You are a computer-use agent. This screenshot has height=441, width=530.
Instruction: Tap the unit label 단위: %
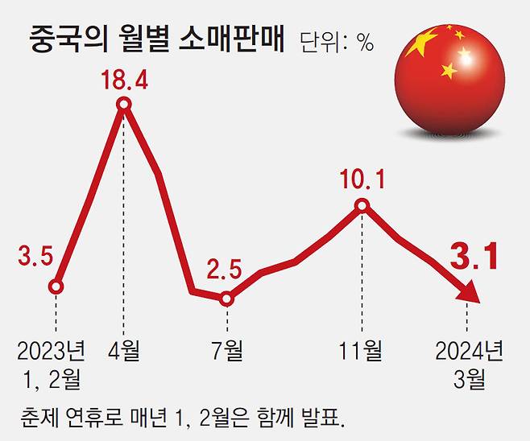pyautogui.click(x=336, y=43)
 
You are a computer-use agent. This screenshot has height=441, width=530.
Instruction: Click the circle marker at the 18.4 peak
pyautogui.click(x=124, y=104)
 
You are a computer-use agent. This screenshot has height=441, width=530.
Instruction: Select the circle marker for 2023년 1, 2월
pyautogui.click(x=56, y=286)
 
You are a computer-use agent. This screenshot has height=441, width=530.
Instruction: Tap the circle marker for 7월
pyautogui.click(x=226, y=299)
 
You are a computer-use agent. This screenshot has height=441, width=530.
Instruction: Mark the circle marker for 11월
pyautogui.click(x=362, y=206)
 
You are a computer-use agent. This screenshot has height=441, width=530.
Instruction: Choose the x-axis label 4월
pyautogui.click(x=124, y=351)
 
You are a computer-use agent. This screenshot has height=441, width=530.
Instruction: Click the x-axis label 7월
pyautogui.click(x=226, y=351)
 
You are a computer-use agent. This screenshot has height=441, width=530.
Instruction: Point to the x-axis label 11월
pyautogui.click(x=361, y=351)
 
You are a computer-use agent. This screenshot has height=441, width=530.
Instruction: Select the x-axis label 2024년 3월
pyautogui.click(x=469, y=364)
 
